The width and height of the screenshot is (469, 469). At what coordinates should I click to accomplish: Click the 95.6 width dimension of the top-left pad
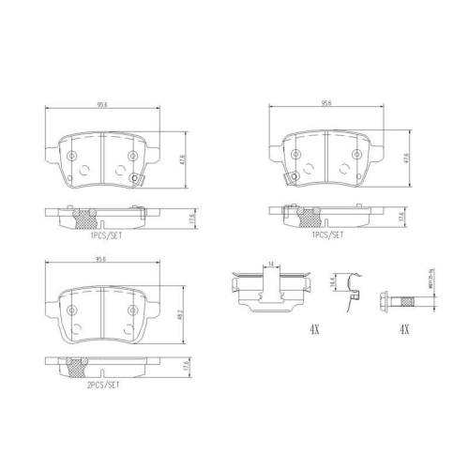(100, 106)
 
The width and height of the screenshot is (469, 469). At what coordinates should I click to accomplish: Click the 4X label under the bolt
(404, 330)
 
